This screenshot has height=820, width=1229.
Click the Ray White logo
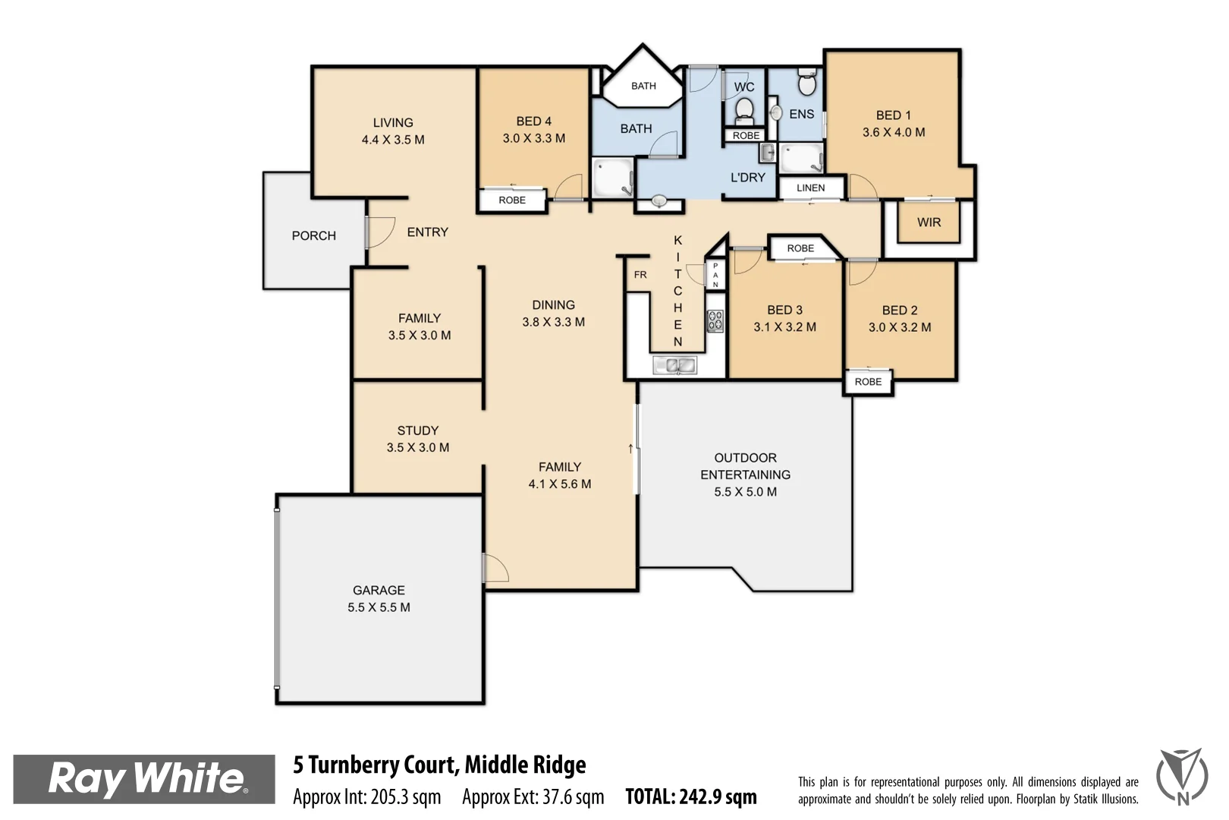pyautogui.click(x=144, y=778)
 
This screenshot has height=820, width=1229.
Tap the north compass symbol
pyautogui.click(x=1182, y=776)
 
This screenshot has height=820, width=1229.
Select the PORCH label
pyautogui.click(x=313, y=236)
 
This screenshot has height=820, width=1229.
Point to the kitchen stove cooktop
pyautogui.click(x=715, y=321)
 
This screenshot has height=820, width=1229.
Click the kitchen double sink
pyautogui.click(x=675, y=366)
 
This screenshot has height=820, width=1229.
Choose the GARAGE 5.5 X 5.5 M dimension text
pyautogui.click(x=379, y=607)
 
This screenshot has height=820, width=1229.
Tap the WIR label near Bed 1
pyautogui.click(x=929, y=222)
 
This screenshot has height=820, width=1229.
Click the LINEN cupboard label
pyautogui.click(x=810, y=188)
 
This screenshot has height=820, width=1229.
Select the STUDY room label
pyautogui.click(x=417, y=430)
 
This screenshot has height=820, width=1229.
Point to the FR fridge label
pyautogui.click(x=640, y=275)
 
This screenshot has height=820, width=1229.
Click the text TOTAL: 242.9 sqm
pyautogui.click(x=690, y=796)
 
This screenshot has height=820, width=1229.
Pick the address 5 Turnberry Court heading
pyautogui.click(x=439, y=765)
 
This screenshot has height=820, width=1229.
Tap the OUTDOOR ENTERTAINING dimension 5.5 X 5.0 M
pyautogui.click(x=745, y=492)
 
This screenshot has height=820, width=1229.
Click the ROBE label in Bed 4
pyautogui.click(x=512, y=200)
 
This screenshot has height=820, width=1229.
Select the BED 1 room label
pyautogui.click(x=893, y=115)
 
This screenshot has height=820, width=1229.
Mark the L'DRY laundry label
pyautogui.click(x=747, y=178)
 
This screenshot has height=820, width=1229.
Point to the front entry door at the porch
pyautogui.click(x=368, y=232)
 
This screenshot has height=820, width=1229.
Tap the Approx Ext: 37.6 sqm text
pyautogui.click(x=533, y=797)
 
